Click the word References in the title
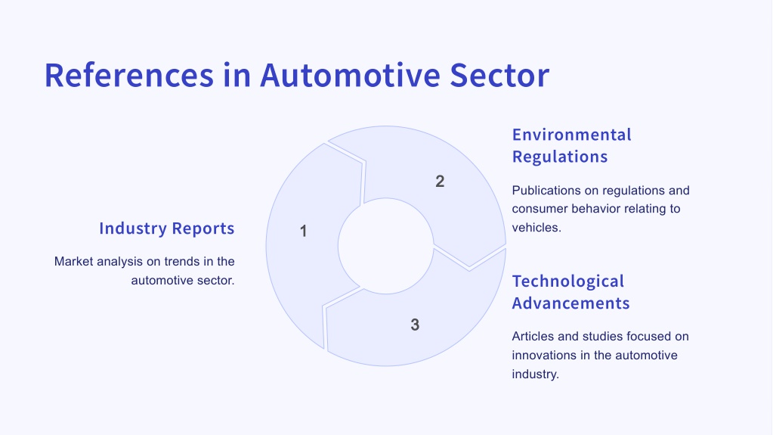click(x=129, y=75)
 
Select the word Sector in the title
click(x=499, y=75)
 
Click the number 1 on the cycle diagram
click(x=303, y=231)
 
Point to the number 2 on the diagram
click(x=440, y=182)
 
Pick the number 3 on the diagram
click(x=415, y=325)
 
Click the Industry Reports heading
click(x=167, y=228)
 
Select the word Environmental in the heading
click(x=572, y=135)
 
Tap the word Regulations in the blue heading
click(x=560, y=157)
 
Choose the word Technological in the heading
click(x=568, y=281)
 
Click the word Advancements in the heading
click(x=571, y=303)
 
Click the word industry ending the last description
click(x=536, y=374)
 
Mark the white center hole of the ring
click(x=385, y=246)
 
